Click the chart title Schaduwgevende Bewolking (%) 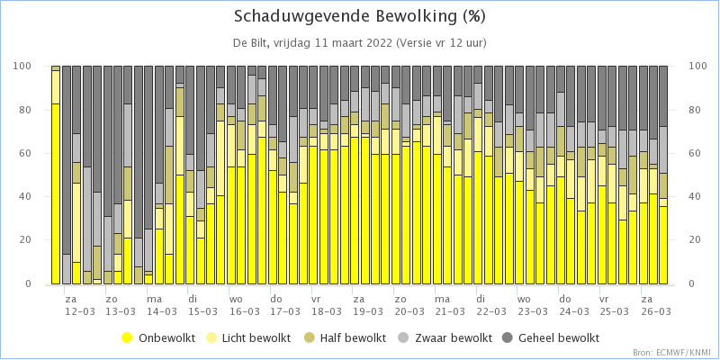(x=359, y=16)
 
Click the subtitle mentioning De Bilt (x=359, y=43)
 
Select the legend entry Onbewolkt (x=158, y=338)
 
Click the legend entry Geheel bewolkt (x=553, y=338)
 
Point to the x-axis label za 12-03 (x=80, y=305)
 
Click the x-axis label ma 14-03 (x=162, y=305)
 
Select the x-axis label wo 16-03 (x=244, y=305)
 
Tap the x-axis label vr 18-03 (x=327, y=305)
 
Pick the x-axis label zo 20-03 (x=409, y=305)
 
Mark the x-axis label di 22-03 (x=490, y=305)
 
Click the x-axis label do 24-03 (x=573, y=305)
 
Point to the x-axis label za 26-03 (x=655, y=305)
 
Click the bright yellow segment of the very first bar (x=56, y=193)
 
